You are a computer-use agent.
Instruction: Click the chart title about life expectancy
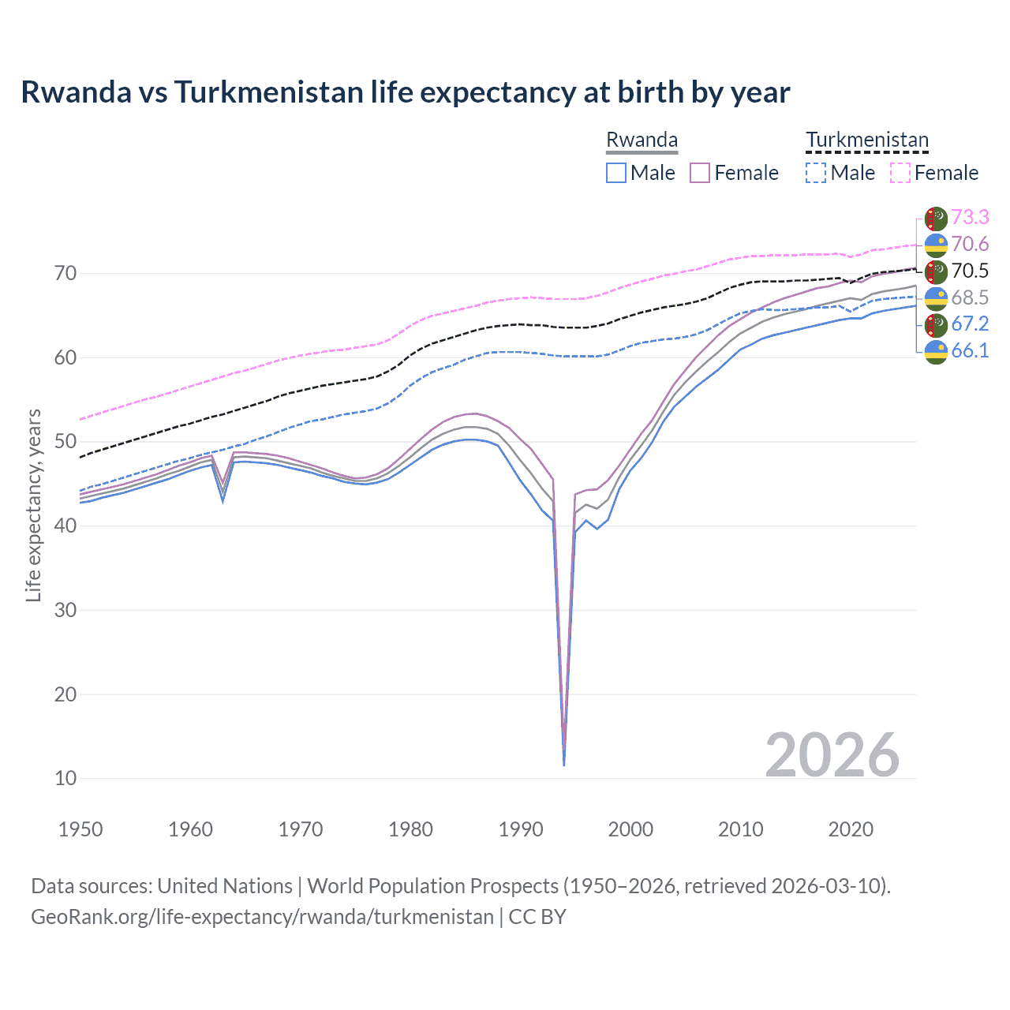(405, 92)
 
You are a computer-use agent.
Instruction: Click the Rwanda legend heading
(642, 140)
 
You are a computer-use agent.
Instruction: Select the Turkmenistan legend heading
(866, 140)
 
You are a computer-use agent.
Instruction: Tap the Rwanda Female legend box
(700, 173)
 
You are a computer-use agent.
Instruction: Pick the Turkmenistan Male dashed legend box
(816, 173)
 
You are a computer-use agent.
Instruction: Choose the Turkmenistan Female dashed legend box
(900, 173)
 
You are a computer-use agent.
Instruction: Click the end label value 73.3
(970, 217)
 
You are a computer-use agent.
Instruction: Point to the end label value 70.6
(970, 244)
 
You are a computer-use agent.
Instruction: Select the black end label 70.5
(970, 271)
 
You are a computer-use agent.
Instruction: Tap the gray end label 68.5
(970, 297)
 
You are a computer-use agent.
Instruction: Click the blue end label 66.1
(970, 350)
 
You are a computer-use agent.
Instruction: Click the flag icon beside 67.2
(936, 324)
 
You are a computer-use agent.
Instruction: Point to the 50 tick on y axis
(65, 442)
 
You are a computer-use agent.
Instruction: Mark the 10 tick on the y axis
(65, 779)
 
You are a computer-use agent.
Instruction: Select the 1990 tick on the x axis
(521, 829)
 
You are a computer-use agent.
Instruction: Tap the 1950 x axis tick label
(80, 829)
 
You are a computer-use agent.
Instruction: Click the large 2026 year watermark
(832, 755)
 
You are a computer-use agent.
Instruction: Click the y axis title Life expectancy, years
(33, 505)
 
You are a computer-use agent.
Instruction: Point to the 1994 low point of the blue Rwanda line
(563, 764)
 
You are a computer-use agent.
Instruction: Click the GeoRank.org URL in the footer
(262, 917)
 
